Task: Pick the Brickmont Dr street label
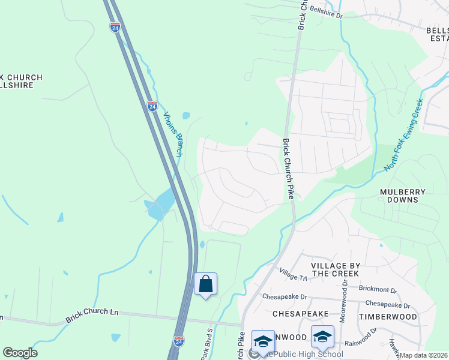(378, 289)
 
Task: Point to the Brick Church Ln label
(92, 313)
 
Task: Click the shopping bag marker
(205, 284)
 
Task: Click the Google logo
(20, 353)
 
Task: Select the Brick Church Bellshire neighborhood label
(21, 82)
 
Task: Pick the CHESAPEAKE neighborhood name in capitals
(300, 314)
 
